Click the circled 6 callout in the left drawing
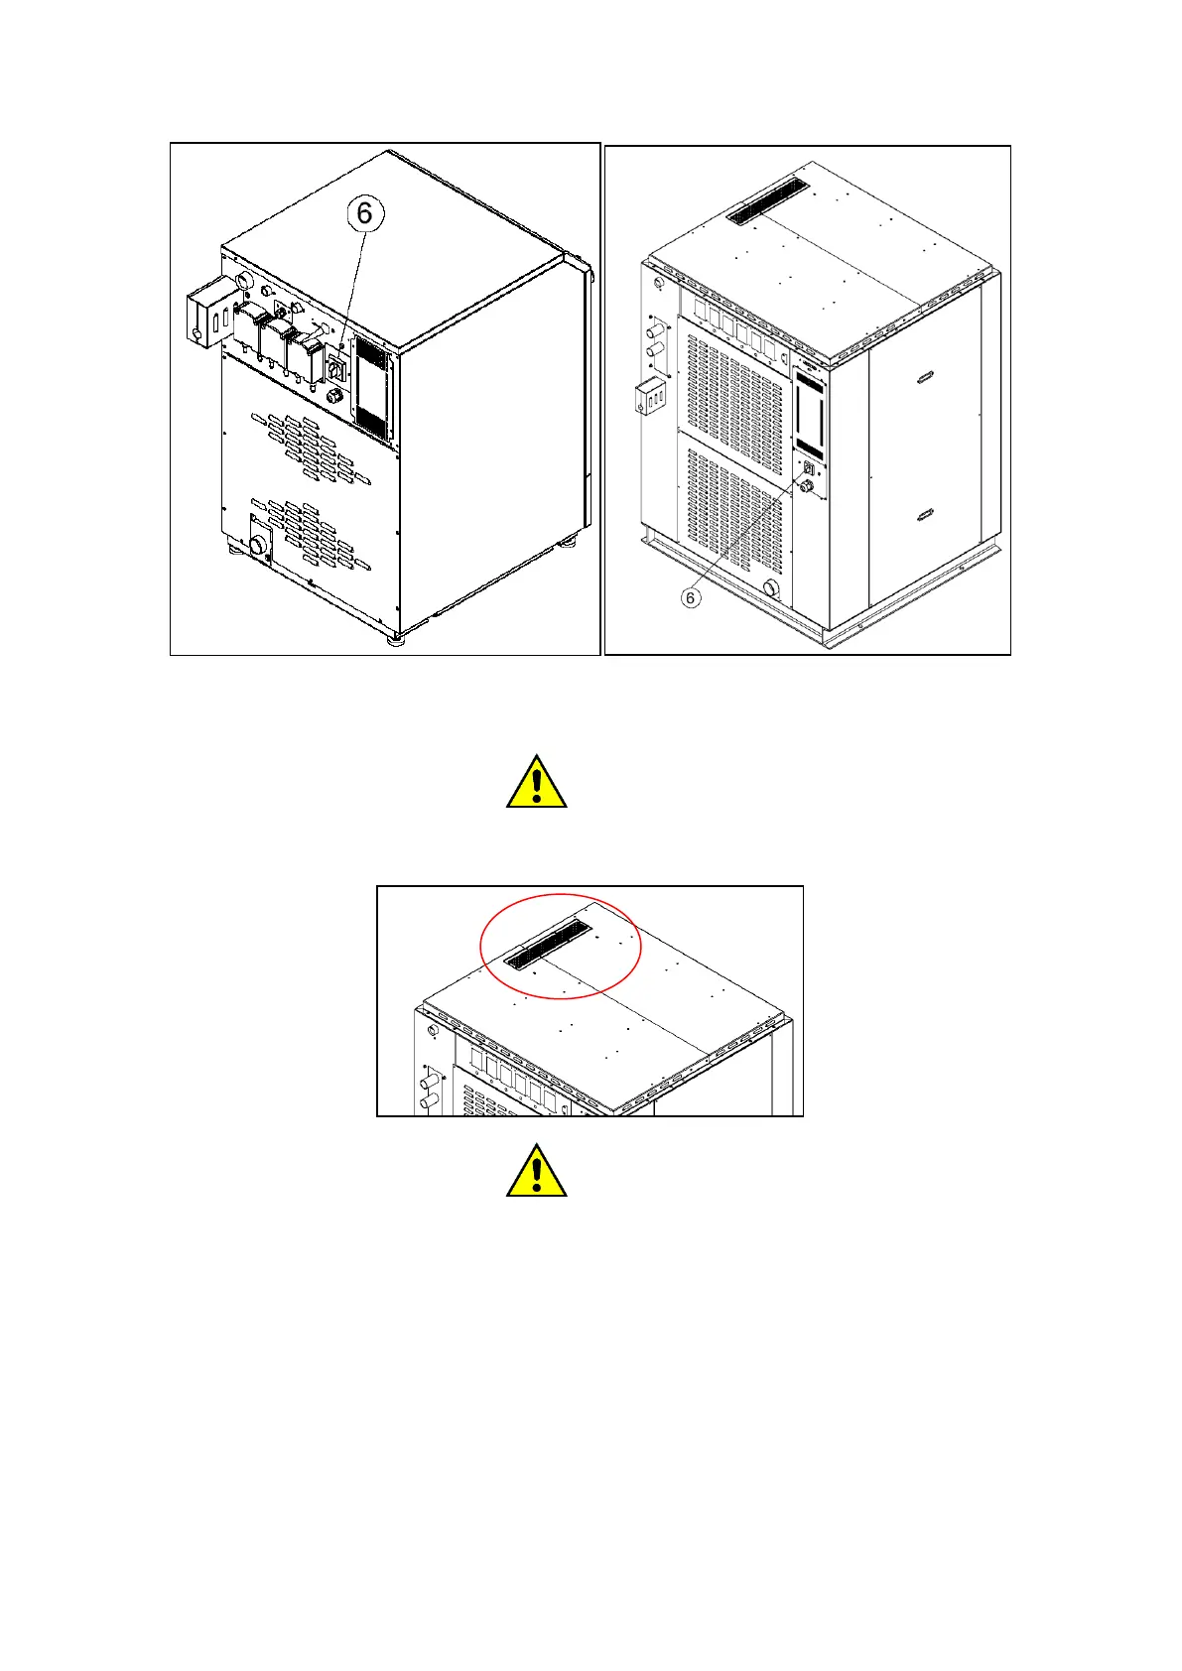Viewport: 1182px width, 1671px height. click(364, 213)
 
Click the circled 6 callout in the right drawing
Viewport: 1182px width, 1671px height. click(691, 597)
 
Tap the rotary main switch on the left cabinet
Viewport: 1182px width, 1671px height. click(334, 369)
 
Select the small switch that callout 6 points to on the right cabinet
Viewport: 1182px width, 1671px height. click(809, 468)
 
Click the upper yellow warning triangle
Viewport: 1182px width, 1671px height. click(536, 783)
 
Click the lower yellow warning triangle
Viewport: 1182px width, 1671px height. click(536, 1171)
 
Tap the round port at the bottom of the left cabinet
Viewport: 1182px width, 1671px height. click(259, 545)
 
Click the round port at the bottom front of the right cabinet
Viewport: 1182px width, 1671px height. click(770, 588)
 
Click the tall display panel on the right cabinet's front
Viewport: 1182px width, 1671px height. click(809, 414)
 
